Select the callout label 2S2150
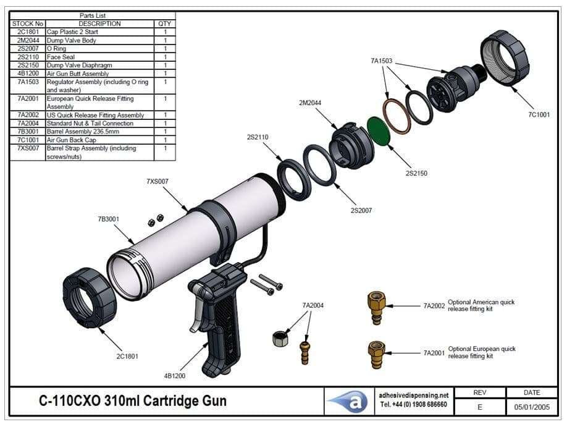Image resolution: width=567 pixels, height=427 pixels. (x=416, y=174)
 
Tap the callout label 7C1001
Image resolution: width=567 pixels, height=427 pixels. (x=538, y=115)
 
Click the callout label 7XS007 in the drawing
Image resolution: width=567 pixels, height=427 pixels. (x=157, y=182)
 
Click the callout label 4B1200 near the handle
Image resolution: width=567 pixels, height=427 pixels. (x=174, y=375)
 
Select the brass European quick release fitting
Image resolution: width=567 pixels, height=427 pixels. (x=376, y=354)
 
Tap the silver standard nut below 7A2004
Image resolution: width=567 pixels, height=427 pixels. (x=280, y=339)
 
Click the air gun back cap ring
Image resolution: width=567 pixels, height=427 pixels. (x=505, y=59)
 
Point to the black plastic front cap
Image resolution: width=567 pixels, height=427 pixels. (x=90, y=297)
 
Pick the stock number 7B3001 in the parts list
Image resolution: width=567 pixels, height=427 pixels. (x=27, y=132)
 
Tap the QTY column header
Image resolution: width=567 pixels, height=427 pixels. (x=165, y=23)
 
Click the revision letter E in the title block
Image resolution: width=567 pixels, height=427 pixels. (x=480, y=407)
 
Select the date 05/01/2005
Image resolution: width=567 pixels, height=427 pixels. (x=531, y=407)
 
